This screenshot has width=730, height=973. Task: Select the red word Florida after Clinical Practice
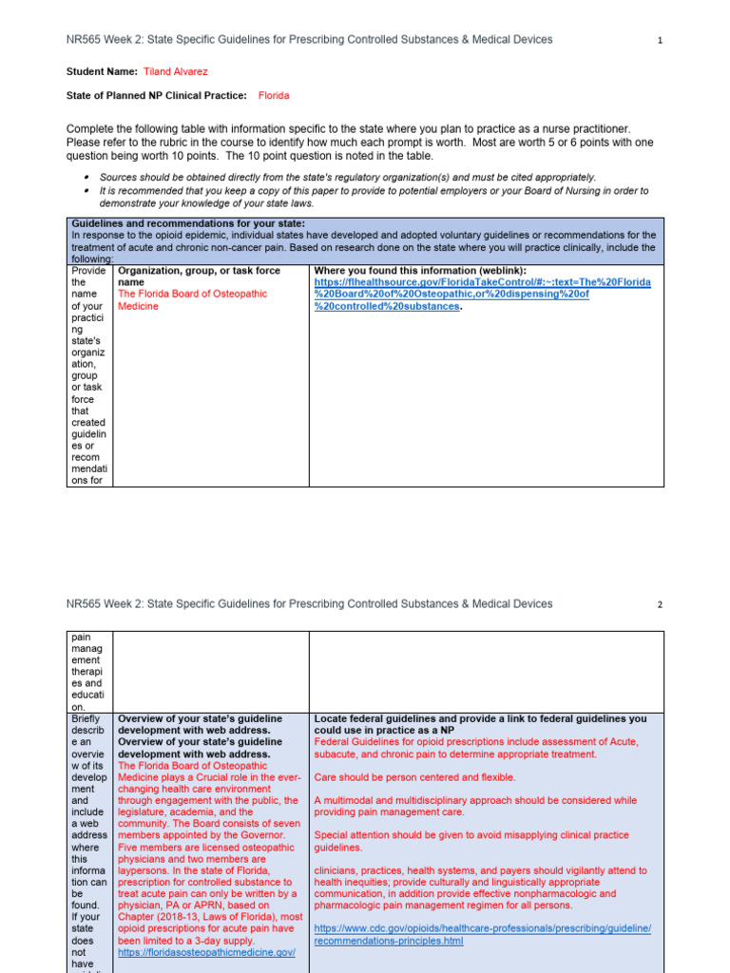coord(274,96)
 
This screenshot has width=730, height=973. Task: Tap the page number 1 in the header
coord(659,41)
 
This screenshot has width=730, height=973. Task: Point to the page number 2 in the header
coord(659,604)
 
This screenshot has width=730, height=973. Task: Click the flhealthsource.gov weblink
coord(482,295)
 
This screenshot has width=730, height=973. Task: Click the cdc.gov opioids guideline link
coord(482,934)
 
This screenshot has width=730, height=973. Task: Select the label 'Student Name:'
coord(102,71)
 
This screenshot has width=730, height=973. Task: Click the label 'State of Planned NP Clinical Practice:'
coord(156,96)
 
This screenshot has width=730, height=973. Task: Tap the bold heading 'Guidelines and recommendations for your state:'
coord(188,223)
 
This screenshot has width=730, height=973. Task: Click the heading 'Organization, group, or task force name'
coord(199,277)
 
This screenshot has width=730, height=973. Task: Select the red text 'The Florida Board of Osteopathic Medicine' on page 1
coord(192,300)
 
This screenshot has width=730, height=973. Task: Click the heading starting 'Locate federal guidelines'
coord(480,725)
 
